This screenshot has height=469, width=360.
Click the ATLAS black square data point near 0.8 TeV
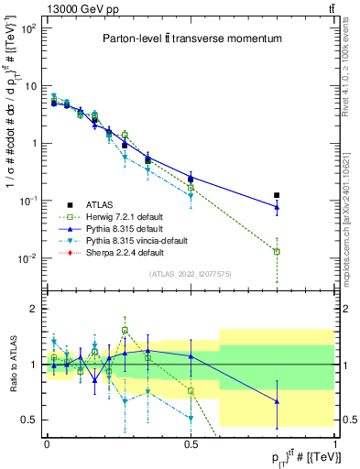277,195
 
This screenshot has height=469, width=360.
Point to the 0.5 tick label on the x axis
191,442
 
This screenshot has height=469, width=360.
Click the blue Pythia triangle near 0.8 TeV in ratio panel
277,401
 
